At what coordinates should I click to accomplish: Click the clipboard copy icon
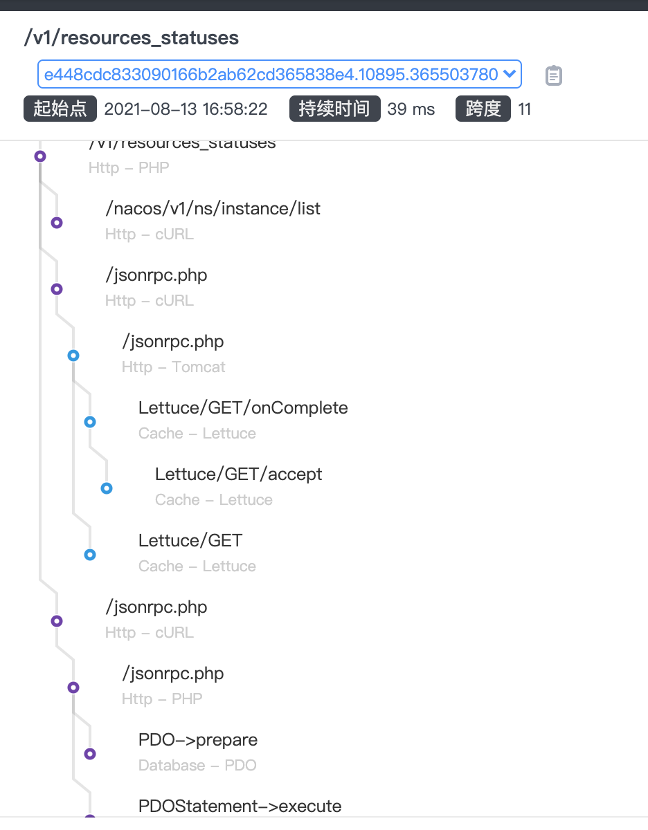[553, 75]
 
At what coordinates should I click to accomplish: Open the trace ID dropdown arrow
[509, 74]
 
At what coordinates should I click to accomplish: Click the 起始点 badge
[60, 109]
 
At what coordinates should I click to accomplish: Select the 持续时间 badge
[334, 109]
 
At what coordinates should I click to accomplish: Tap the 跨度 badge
[483, 109]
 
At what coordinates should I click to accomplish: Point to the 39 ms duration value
[411, 109]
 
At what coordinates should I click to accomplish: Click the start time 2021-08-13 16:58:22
[186, 109]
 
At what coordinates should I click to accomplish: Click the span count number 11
[525, 109]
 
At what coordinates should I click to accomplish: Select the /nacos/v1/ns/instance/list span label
[213, 208]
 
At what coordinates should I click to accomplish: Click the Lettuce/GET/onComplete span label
[243, 407]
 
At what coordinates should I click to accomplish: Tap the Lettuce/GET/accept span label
[238, 474]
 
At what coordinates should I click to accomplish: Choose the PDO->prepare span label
[198, 739]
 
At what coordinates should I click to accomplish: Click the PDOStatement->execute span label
[240, 806]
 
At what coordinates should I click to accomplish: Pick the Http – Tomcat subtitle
[173, 367]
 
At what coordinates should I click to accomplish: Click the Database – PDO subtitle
[197, 765]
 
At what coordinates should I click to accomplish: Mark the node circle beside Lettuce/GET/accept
[107, 488]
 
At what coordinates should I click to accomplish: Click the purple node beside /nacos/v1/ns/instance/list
[57, 223]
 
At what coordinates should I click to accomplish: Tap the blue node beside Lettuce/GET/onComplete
[90, 422]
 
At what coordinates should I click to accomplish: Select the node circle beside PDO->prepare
[90, 754]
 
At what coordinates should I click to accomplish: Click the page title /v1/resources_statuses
[131, 37]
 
